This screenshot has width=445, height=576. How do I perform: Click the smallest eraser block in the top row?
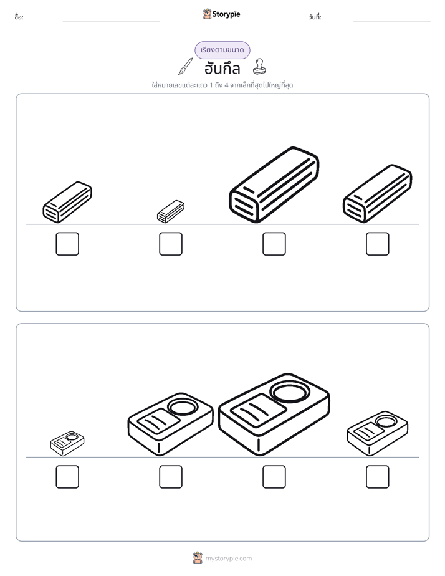tap(171, 211)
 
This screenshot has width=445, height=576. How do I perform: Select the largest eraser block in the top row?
tap(274, 185)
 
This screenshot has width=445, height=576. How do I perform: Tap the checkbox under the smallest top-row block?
tap(171, 244)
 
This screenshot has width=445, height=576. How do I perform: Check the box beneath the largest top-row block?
tap(274, 244)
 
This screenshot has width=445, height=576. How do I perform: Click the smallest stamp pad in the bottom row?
tap(67, 444)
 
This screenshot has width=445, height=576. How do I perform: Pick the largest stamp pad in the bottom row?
tap(274, 415)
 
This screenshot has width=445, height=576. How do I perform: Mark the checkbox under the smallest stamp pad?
tap(67, 477)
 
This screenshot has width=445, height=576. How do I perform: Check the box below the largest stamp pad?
tap(274, 477)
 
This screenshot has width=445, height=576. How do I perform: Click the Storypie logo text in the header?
tap(226, 14)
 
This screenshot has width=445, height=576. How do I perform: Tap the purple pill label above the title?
tap(222, 50)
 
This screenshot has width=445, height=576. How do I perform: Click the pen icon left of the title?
tap(186, 66)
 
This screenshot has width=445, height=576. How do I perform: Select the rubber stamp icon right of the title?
tap(259, 67)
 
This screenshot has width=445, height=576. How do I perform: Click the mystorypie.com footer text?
tap(228, 559)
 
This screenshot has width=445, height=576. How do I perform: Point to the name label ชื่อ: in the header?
tap(19, 17)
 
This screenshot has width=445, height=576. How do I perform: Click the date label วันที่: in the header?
tap(315, 17)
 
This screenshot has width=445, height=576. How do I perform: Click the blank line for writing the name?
tap(111, 21)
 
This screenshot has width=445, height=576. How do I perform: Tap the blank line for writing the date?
tap(392, 21)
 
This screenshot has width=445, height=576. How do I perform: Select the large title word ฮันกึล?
tap(222, 69)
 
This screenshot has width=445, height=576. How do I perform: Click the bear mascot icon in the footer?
tap(198, 558)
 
